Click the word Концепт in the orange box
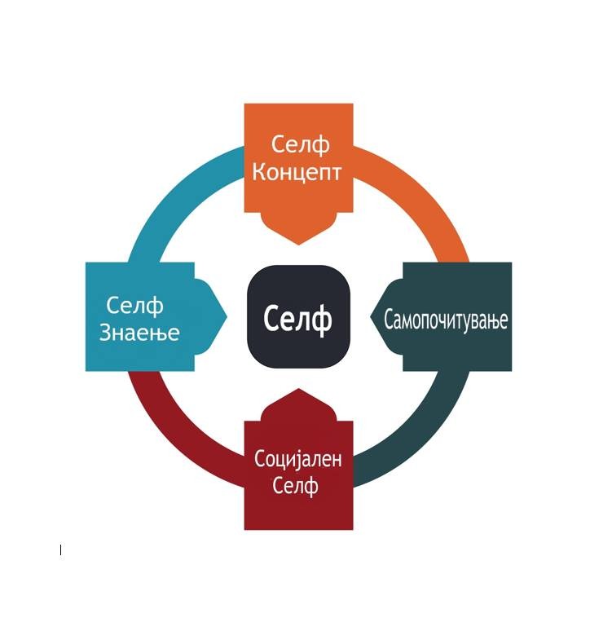point(297,173)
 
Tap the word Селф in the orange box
point(300,145)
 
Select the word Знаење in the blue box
point(139,333)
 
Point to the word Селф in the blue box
point(134,306)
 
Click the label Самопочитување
point(446,320)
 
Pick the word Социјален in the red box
point(298,460)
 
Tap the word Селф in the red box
point(295,486)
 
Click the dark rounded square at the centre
point(298,316)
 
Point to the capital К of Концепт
point(258,172)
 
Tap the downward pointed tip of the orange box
point(298,245)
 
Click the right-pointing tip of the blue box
point(227,316)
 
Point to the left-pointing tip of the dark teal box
point(371,316)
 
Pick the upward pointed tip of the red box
point(298,389)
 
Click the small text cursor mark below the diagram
point(60,550)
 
